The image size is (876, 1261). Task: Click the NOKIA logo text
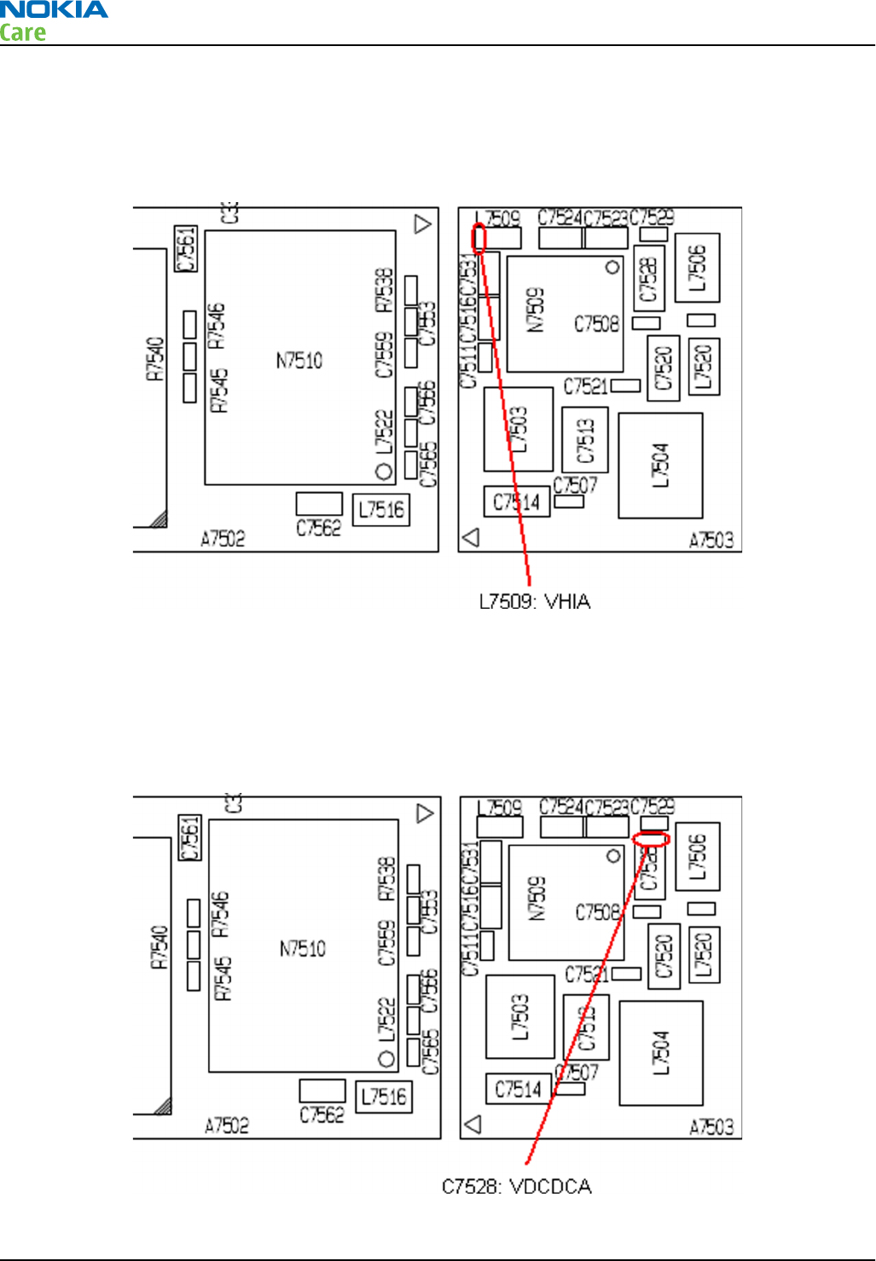(x=54, y=10)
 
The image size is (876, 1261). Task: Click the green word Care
(x=23, y=33)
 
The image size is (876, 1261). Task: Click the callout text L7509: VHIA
(x=535, y=602)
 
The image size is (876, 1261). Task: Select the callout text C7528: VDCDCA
(x=517, y=1187)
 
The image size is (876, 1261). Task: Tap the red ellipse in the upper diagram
(x=479, y=238)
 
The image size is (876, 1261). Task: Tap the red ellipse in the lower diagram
(x=651, y=839)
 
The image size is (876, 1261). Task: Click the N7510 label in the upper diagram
(x=299, y=361)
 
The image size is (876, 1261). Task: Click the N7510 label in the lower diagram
(x=303, y=949)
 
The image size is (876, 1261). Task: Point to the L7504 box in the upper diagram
(x=660, y=466)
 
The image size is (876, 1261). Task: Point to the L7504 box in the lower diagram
(x=661, y=1053)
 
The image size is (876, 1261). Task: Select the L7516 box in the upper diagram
(x=381, y=510)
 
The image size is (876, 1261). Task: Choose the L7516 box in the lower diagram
(x=384, y=1096)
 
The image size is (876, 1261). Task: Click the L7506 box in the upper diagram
(x=697, y=267)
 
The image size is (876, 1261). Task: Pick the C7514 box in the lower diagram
(x=519, y=1089)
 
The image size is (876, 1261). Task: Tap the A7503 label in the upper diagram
(x=711, y=540)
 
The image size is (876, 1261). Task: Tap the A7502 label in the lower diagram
(x=227, y=1125)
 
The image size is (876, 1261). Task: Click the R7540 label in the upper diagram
(x=154, y=358)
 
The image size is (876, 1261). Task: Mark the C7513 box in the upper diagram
(x=585, y=440)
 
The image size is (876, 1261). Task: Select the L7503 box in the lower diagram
(x=520, y=1016)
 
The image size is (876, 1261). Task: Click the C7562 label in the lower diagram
(x=322, y=1114)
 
